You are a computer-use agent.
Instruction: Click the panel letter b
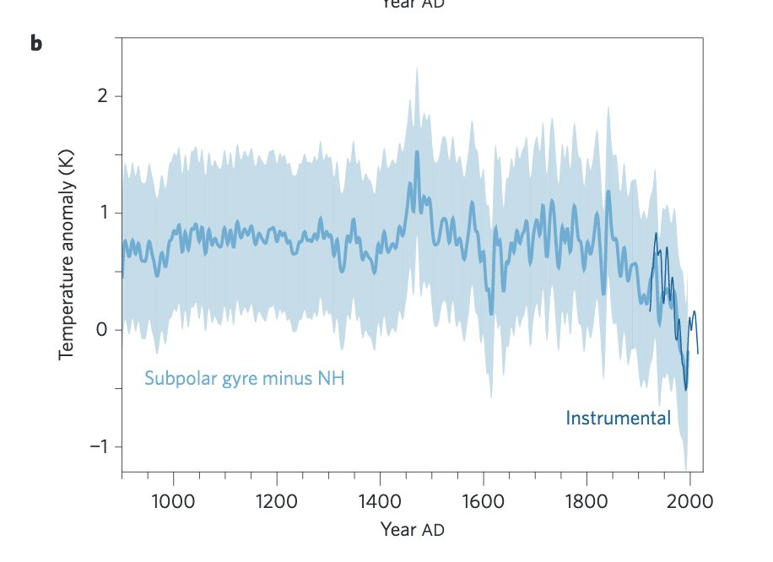(x=35, y=43)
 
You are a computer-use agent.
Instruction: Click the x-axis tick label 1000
(x=173, y=501)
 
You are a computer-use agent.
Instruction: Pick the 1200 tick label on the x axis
(x=277, y=501)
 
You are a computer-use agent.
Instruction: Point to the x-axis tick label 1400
(x=380, y=501)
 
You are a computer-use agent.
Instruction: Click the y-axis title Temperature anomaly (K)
(x=68, y=254)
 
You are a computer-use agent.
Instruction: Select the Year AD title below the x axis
(x=412, y=530)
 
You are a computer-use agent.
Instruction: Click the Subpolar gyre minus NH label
(x=244, y=378)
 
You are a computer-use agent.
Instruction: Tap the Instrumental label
(x=618, y=418)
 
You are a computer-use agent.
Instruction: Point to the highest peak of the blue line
(x=417, y=152)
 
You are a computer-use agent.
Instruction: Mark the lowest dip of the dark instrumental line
(x=686, y=389)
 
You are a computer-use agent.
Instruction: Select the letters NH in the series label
(x=330, y=378)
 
